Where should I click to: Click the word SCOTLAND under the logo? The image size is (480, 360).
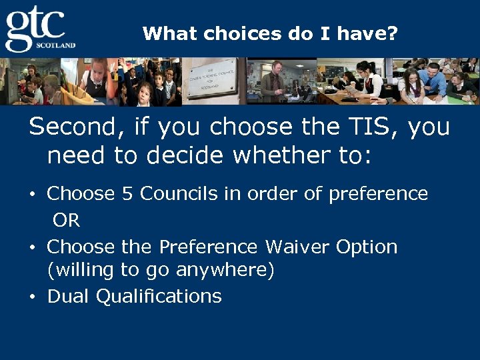coord(59,45)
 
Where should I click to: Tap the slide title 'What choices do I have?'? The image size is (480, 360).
coord(269,33)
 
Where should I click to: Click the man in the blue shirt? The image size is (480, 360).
coord(433,80)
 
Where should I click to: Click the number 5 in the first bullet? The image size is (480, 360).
coord(127,194)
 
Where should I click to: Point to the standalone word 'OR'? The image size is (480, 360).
coord(66,221)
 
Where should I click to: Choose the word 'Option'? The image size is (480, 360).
coord(367,248)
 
